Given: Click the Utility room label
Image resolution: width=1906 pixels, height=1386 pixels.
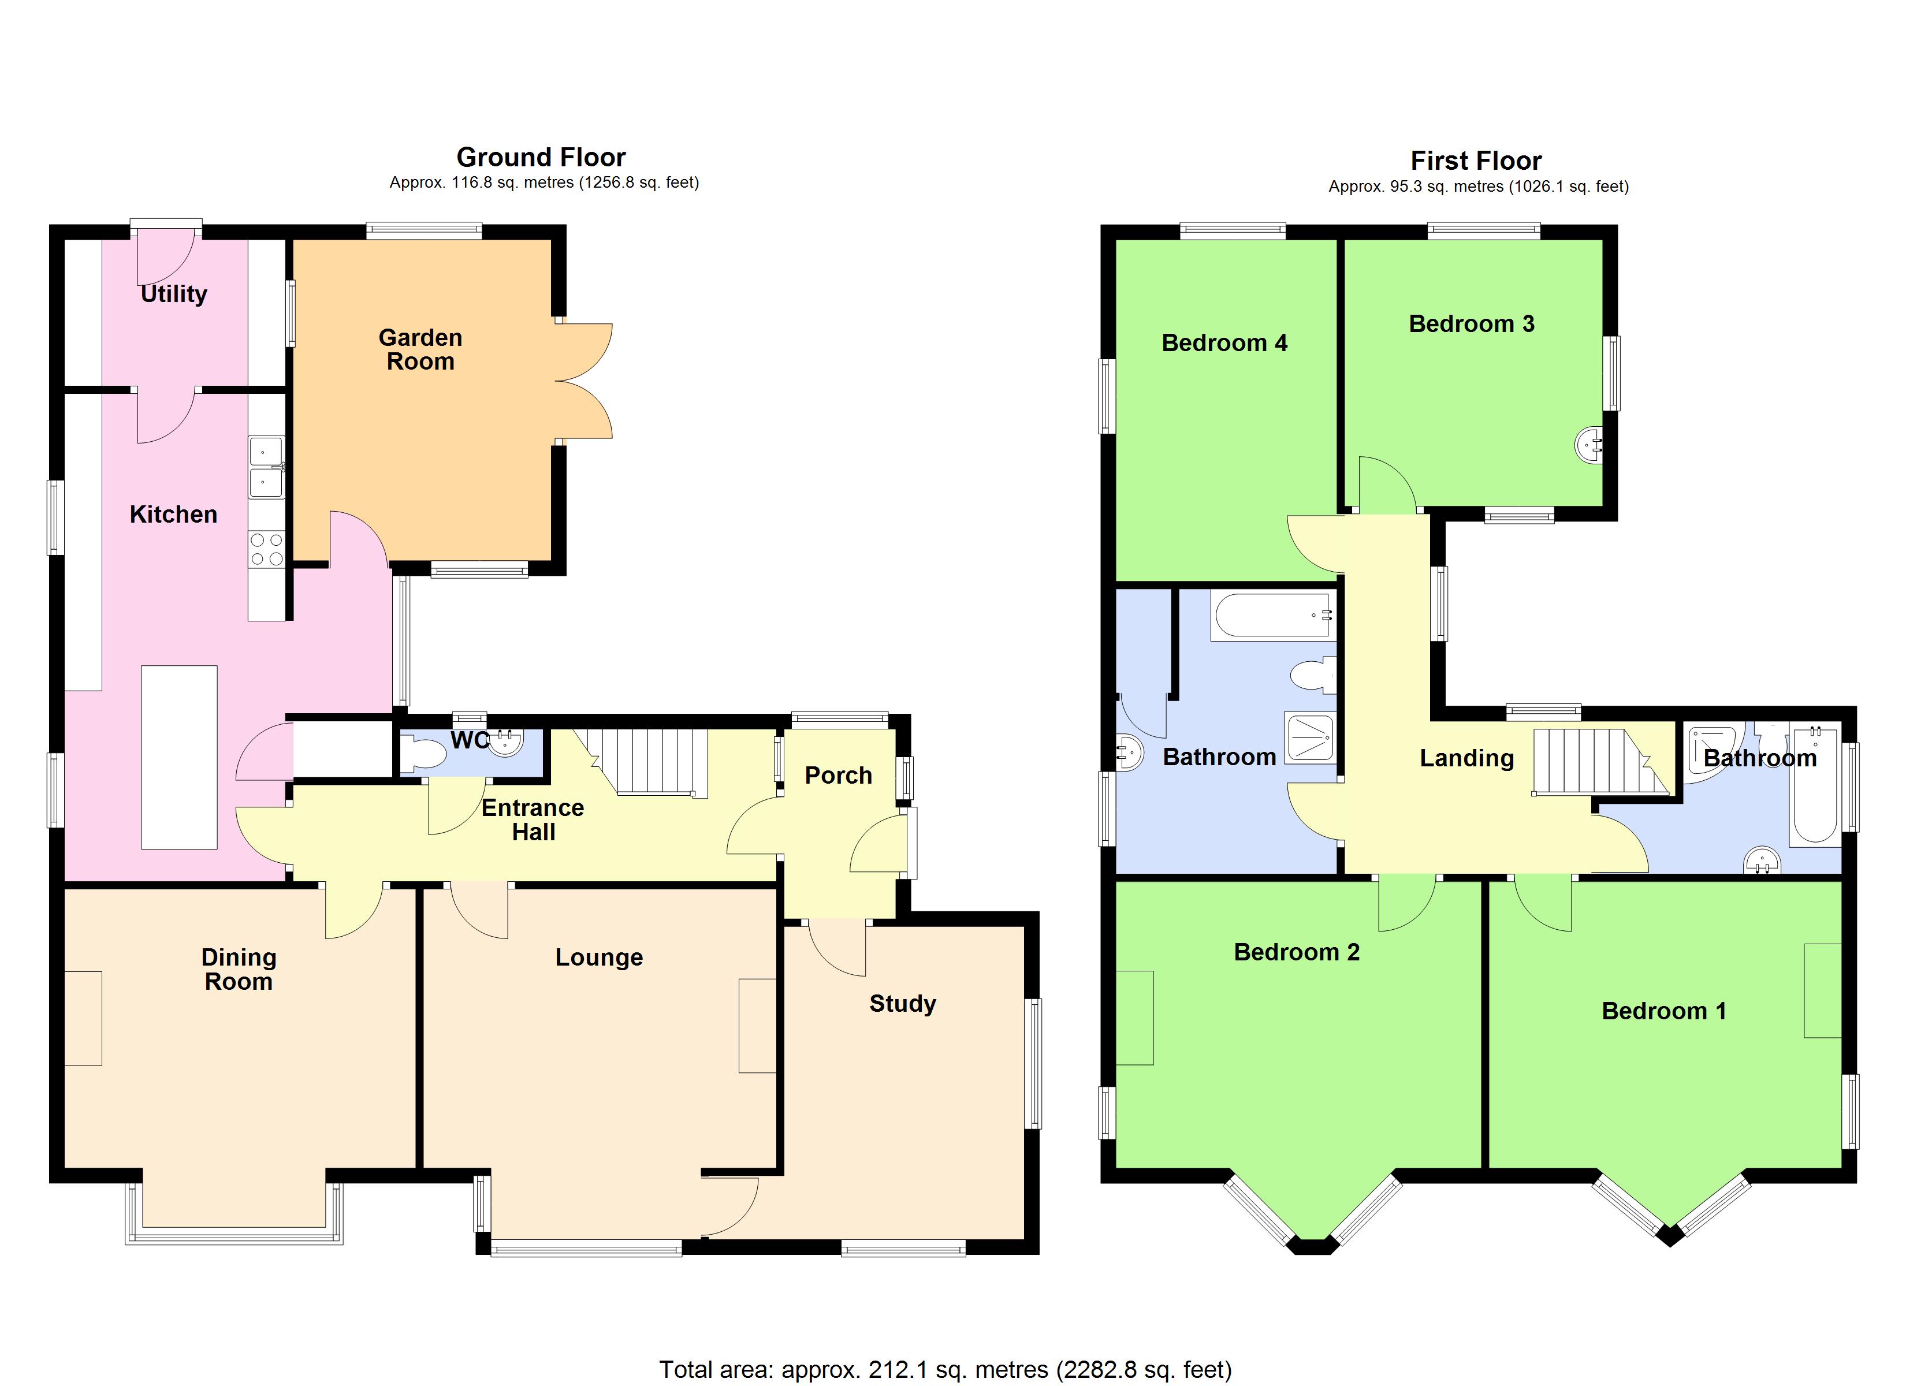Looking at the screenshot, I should tap(173, 293).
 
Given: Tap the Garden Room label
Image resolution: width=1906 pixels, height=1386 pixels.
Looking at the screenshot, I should tap(420, 349).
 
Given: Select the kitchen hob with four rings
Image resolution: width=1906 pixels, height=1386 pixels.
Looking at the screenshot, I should tap(266, 550).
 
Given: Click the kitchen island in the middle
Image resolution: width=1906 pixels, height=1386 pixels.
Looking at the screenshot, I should tap(179, 757).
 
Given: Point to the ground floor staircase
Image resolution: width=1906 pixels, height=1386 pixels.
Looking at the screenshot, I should tap(647, 762).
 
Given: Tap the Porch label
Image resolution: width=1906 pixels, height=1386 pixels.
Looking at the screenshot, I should tap(838, 775).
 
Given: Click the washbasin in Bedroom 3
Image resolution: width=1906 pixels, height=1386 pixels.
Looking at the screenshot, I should tap(1588, 444).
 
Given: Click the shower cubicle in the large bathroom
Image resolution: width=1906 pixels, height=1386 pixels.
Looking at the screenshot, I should tap(1309, 737).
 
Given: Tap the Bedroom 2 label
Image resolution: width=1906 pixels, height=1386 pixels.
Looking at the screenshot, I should tap(1296, 952).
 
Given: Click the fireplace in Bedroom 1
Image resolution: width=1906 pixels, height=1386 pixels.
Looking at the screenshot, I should tap(1822, 989).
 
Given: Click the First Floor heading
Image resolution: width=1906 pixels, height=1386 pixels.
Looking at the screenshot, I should tap(1476, 160).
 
